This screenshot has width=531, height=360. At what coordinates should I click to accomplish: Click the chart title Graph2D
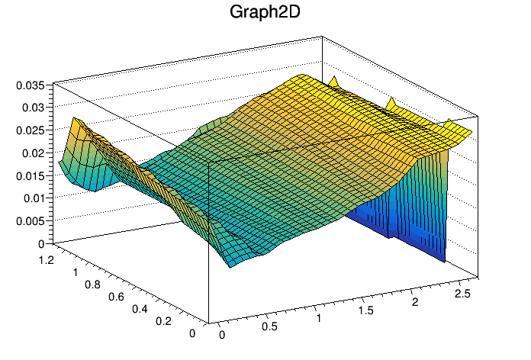coord(265,13)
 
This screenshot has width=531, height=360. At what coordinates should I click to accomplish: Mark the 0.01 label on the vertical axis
coord(33,198)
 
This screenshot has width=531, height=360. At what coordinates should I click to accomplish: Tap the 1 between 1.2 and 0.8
coord(76,272)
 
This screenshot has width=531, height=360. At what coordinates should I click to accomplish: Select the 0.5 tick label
coord(269,326)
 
